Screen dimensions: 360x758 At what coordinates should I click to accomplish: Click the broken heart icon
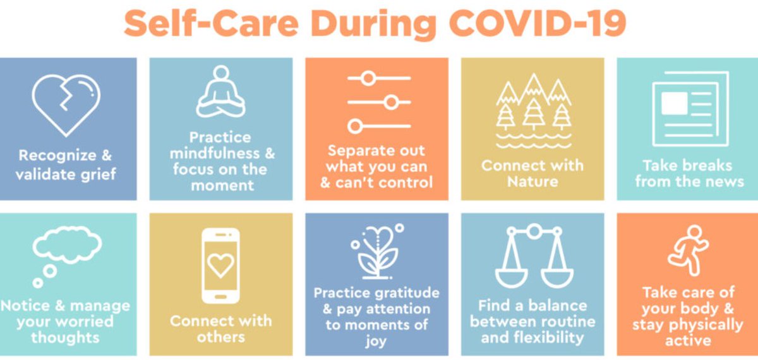point(66,104)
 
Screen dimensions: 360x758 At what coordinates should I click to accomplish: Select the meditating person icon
point(220,95)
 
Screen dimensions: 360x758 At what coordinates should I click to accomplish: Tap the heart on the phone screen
point(220,266)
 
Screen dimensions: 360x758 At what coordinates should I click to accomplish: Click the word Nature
point(532,183)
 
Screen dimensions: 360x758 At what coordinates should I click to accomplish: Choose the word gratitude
point(402,293)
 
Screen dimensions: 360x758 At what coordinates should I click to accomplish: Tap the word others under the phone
point(220,337)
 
